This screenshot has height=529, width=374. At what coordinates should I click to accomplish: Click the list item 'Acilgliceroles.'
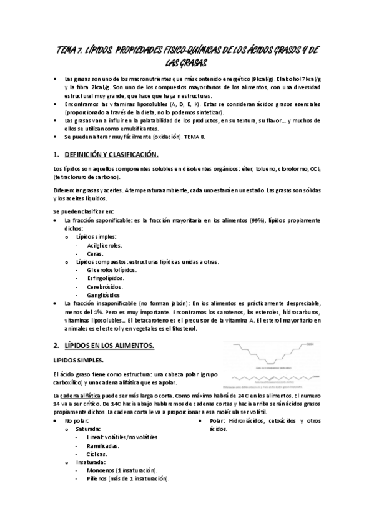(x=105, y=246)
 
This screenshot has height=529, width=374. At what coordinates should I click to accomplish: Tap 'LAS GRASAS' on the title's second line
(x=186, y=64)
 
